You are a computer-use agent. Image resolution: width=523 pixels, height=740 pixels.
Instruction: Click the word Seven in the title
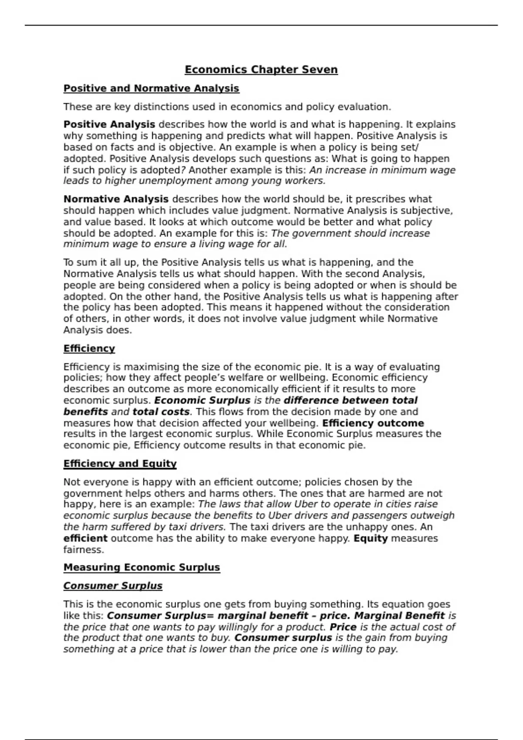320,70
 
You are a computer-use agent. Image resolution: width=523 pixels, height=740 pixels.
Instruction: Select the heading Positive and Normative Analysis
151,88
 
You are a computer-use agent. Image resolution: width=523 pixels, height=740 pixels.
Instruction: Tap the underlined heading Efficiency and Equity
120,464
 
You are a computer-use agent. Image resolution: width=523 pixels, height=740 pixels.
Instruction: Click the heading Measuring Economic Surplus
142,567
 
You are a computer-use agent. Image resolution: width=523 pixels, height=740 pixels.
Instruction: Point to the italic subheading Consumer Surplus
113,586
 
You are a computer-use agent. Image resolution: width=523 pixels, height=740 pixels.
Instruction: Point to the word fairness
84,550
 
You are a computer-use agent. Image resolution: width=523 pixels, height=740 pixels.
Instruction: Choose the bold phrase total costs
161,412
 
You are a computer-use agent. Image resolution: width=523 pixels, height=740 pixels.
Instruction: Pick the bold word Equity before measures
370,538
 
